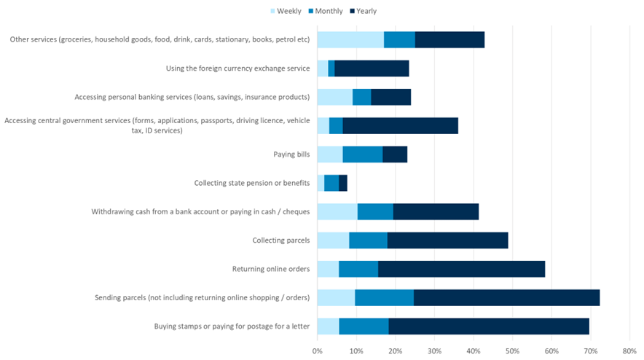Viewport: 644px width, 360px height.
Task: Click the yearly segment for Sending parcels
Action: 506,297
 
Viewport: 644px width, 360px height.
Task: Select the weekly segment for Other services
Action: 350,40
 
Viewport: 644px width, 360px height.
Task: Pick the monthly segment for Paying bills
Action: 362,154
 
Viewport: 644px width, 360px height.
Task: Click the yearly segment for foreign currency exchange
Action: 372,69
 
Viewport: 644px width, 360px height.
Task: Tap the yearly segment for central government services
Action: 400,125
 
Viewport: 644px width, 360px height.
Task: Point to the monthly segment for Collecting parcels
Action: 368,240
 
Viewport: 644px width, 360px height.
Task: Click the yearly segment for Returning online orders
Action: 461,269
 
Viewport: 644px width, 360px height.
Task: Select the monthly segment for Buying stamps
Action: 364,326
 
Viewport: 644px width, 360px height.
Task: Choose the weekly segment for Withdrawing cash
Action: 337,212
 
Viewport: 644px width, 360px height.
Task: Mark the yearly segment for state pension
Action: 343,183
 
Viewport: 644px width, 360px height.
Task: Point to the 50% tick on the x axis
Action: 512,351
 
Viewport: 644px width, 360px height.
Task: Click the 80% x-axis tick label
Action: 629,351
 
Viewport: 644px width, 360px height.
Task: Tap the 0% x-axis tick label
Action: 318,351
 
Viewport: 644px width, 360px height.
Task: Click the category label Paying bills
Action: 291,154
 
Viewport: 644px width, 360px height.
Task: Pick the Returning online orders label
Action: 271,269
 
